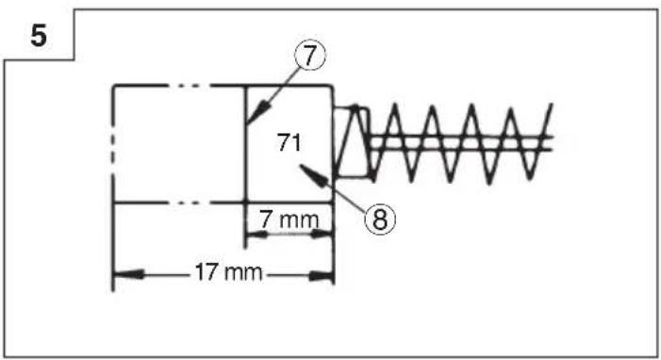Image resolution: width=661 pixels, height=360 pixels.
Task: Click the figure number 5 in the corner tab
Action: [39, 36]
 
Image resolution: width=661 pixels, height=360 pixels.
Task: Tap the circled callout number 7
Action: [310, 56]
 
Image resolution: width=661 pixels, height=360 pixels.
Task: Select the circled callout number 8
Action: [380, 219]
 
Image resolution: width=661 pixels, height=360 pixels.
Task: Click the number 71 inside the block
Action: [289, 142]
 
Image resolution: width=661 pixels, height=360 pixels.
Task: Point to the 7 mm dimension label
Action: [289, 220]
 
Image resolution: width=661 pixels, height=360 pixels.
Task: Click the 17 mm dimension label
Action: [228, 272]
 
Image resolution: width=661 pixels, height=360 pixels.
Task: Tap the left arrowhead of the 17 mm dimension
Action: [128, 275]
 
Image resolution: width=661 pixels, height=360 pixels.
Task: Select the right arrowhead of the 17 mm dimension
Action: [322, 276]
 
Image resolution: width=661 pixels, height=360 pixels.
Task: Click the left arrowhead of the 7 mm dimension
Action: [256, 235]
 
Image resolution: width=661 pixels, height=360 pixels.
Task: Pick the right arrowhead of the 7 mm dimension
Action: [322, 234]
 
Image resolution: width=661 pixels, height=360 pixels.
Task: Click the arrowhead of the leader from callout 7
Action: [258, 112]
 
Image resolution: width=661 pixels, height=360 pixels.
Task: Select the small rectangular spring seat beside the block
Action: [353, 141]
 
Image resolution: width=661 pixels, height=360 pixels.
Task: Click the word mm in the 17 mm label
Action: [243, 272]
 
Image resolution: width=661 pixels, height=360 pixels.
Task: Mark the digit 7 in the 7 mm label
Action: [266, 220]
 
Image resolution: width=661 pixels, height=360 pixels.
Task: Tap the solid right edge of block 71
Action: [333, 143]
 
